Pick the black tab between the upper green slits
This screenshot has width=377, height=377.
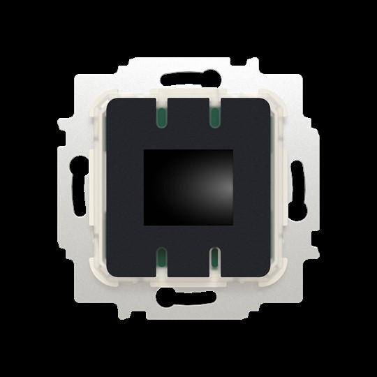click(x=188, y=112)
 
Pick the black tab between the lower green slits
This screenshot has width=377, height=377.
click(x=188, y=265)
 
